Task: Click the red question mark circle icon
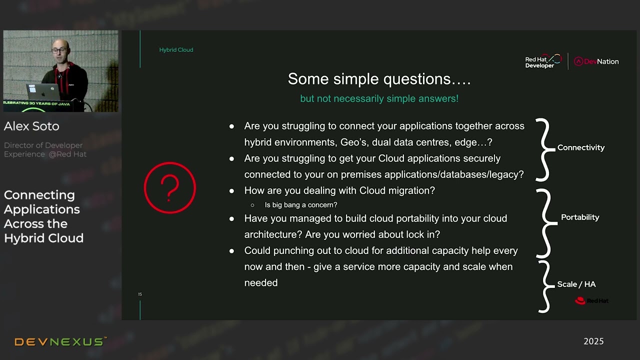tap(169, 188)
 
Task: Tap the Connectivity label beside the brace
tap(580, 147)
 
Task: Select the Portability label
tap(579, 217)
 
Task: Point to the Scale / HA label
tap(576, 284)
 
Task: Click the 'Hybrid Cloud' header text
tap(176, 50)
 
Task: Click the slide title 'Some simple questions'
tap(379, 79)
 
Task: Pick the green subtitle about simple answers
tap(379, 98)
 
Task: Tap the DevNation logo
tap(596, 61)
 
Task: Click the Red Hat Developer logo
tap(543, 61)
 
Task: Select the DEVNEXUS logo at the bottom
tap(60, 342)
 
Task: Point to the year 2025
tap(593, 341)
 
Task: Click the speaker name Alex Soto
tap(31, 126)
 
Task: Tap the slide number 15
tap(140, 294)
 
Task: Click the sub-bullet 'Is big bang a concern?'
tap(300, 205)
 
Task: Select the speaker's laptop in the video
tap(43, 92)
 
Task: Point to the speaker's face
tap(60, 50)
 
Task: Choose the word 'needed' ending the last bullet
tap(260, 283)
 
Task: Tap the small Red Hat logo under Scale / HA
tap(591, 301)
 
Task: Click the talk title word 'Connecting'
tap(39, 195)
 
